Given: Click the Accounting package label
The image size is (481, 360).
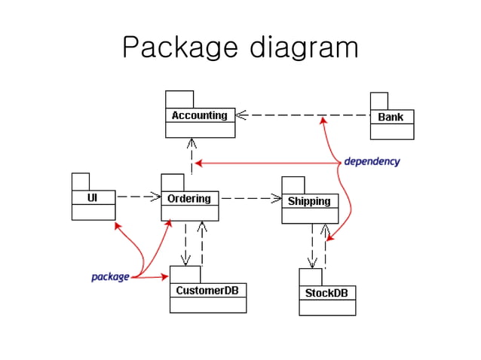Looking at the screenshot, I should click(200, 116).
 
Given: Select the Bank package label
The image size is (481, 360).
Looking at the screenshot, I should click(391, 117).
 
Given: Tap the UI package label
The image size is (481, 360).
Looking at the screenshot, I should click(93, 198).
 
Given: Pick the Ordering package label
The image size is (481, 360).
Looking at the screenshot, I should click(189, 199).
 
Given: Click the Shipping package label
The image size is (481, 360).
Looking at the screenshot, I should click(309, 201).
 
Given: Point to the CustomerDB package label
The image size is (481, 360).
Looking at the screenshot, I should click(207, 290).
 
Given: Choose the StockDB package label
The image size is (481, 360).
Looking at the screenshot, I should click(326, 292).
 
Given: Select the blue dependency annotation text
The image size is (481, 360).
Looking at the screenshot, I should click(372, 162).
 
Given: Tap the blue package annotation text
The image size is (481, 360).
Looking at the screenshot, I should click(110, 277).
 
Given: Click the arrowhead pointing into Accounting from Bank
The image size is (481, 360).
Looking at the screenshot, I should click(243, 115).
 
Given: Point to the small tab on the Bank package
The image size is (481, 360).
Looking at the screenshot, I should click(378, 101).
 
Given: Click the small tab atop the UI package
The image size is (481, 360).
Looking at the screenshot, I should click(81, 182).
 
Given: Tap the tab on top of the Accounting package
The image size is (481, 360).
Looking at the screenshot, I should click(179, 99).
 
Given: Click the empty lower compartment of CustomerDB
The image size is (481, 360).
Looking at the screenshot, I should click(207, 305).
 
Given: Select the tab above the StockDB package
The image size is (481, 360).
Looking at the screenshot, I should click(310, 276).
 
